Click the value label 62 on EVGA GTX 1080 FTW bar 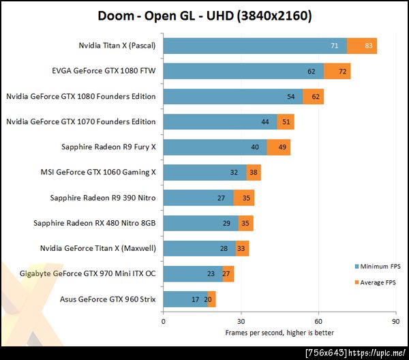(x=311, y=72)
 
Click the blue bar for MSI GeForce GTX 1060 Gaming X (x=204, y=172)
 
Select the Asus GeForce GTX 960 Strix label (x=108, y=298)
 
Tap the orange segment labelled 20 (x=211, y=299)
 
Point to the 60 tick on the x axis (x=318, y=321)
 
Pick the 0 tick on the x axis (x=164, y=321)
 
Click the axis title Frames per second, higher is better (x=279, y=333)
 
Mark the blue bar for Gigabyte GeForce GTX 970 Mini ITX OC (x=193, y=273)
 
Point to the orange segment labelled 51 (x=286, y=122)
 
